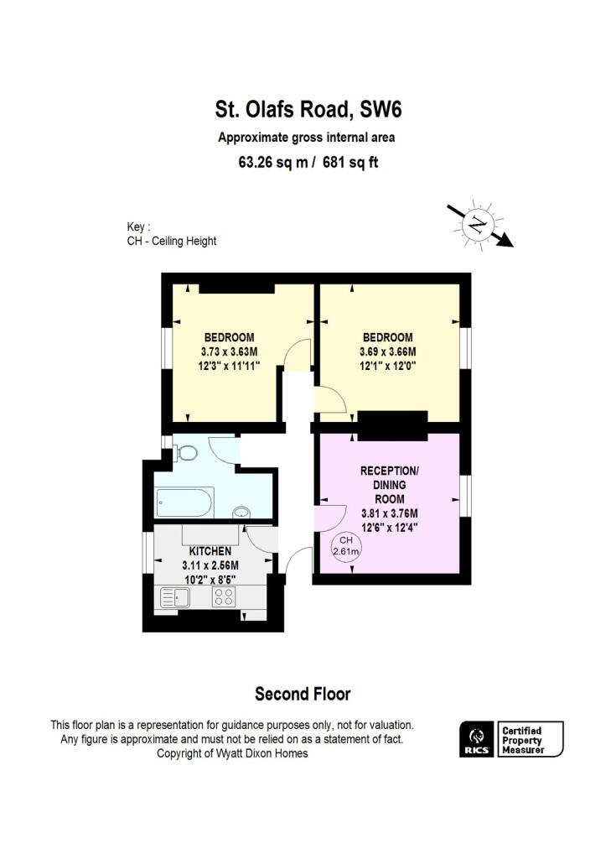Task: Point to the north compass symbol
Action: click(x=478, y=224)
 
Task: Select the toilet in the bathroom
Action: click(x=186, y=453)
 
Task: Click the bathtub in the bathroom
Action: click(x=184, y=503)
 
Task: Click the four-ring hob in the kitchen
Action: click(x=224, y=596)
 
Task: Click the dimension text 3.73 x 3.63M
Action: click(x=229, y=351)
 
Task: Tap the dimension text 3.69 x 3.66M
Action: click(x=387, y=351)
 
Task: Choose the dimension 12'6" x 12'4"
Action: click(x=389, y=528)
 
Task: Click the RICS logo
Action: click(x=474, y=739)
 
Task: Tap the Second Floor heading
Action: click(x=303, y=694)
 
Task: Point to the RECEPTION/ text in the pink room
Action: click(x=390, y=471)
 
